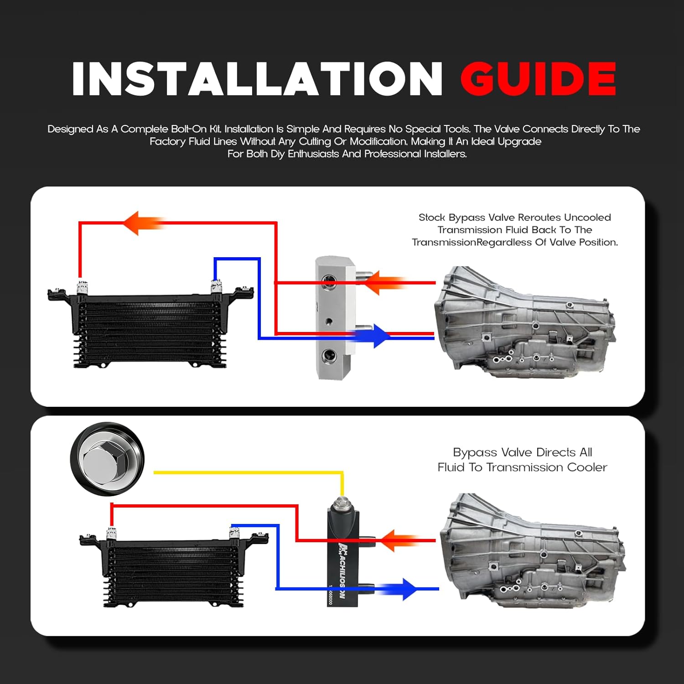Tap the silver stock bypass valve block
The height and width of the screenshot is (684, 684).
tap(335, 318)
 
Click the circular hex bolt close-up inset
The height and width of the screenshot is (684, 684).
tap(107, 459)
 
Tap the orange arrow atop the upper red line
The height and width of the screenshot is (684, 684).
tap(141, 223)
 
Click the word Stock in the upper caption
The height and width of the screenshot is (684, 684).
tap(432, 218)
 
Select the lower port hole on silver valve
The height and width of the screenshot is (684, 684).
tap(329, 356)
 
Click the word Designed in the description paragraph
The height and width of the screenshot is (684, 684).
tap(70, 129)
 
